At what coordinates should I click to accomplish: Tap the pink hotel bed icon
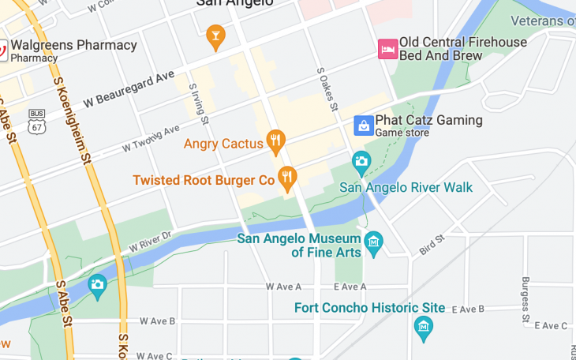(x=387, y=49)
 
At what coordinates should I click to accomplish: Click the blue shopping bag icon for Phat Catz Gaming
(x=363, y=126)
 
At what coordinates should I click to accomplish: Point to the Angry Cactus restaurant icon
(x=275, y=142)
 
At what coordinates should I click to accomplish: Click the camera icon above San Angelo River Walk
(x=361, y=163)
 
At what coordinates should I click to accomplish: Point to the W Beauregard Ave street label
(x=129, y=88)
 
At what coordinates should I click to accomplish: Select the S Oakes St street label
(x=327, y=88)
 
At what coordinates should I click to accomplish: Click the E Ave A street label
(x=350, y=287)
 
